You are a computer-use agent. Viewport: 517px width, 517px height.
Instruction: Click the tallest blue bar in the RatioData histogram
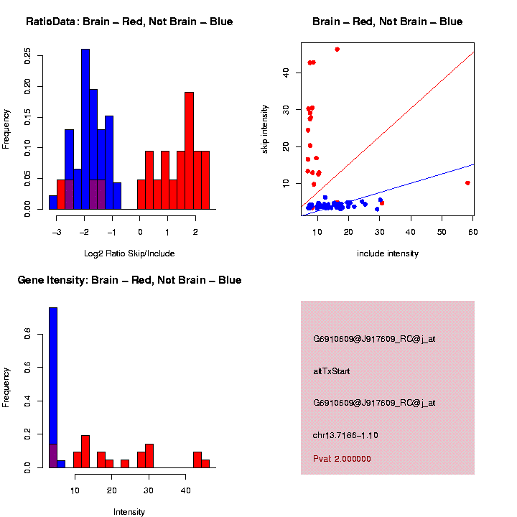click(x=85, y=129)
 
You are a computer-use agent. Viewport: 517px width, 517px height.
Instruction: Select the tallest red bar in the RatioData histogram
click(x=190, y=151)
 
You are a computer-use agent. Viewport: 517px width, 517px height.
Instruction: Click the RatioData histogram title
click(x=129, y=22)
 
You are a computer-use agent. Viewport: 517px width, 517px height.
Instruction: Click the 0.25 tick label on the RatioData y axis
click(x=27, y=56)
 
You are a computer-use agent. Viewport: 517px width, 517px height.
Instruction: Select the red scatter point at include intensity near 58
click(x=467, y=183)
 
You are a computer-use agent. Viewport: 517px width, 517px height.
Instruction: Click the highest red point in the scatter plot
click(x=337, y=50)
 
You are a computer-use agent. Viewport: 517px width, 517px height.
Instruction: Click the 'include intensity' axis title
click(x=388, y=253)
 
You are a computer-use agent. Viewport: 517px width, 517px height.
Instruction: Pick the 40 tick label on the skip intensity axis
click(x=286, y=72)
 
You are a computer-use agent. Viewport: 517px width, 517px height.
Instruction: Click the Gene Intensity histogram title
click(x=130, y=279)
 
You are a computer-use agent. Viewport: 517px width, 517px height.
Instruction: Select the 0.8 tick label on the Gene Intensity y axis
click(x=27, y=334)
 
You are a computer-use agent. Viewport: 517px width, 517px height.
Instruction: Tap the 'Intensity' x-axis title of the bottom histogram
click(x=129, y=512)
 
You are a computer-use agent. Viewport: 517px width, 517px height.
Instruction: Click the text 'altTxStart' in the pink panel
click(x=332, y=371)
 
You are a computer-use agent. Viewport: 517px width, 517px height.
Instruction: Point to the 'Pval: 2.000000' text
click(x=343, y=459)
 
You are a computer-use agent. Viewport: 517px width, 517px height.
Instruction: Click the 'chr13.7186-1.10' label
click(x=345, y=436)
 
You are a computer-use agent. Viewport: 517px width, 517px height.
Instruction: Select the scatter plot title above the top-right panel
click(x=388, y=22)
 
